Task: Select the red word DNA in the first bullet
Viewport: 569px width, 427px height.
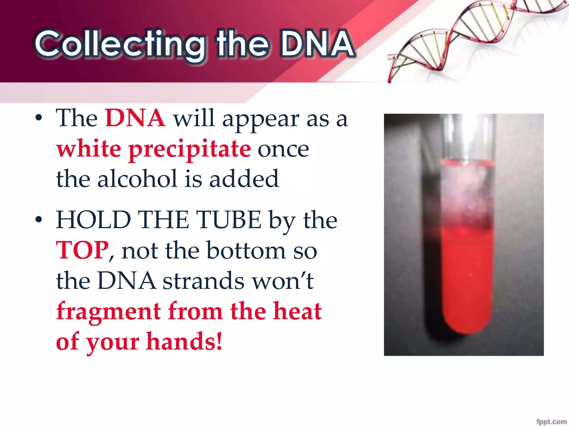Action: pyautogui.click(x=135, y=118)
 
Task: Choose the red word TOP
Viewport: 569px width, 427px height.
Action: pyautogui.click(x=82, y=250)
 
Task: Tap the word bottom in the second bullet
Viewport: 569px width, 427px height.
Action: pyautogui.click(x=246, y=250)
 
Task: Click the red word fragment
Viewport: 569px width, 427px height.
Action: pyautogui.click(x=109, y=311)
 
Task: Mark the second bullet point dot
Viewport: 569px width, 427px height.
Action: pyautogui.click(x=39, y=219)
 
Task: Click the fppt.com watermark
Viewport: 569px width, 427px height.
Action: pyautogui.click(x=551, y=421)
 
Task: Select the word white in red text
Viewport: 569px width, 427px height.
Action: pyautogui.click(x=89, y=149)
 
